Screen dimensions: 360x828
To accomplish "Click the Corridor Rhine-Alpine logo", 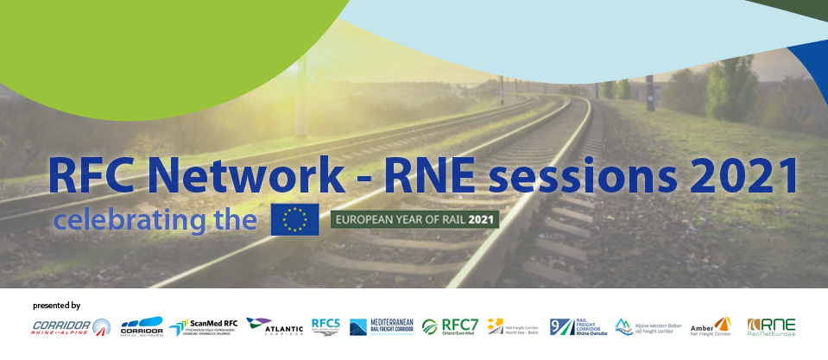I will coord(71,327).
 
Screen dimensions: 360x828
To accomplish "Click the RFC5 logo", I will coord(326,326).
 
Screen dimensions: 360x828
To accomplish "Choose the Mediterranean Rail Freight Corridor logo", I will coord(381,326).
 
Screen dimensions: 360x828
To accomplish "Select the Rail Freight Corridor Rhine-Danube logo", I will coord(578,326).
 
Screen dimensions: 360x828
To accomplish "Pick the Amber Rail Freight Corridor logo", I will coord(711,326).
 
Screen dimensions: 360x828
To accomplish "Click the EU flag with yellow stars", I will coord(294,219).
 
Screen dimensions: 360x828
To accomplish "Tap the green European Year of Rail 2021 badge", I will coord(415,219).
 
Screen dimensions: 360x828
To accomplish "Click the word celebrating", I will coord(132,220).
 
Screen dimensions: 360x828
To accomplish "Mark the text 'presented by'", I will coord(56,306).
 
